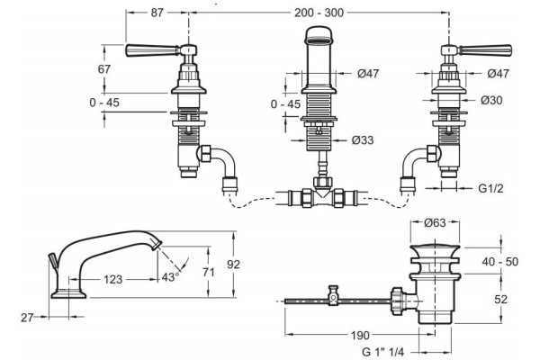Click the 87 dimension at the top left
pyautogui.click(x=157, y=13)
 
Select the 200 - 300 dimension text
pyautogui.click(x=319, y=13)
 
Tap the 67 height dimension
pyautogui.click(x=104, y=69)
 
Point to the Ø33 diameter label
pyautogui.click(x=363, y=140)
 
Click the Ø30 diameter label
pyautogui.click(x=491, y=100)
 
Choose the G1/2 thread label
pyautogui.click(x=490, y=188)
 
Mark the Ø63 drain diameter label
pyautogui.click(x=435, y=223)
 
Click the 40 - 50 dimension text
pyautogui.click(x=500, y=262)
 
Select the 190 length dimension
pyautogui.click(x=360, y=335)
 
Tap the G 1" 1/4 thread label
pyautogui.click(x=383, y=352)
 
